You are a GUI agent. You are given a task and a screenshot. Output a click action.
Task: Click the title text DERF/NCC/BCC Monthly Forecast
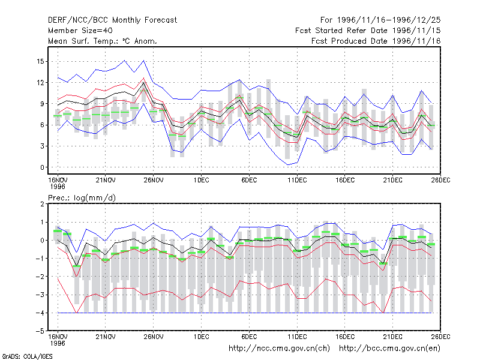coord(112,20)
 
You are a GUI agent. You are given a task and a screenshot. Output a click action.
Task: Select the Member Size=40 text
coord(80,31)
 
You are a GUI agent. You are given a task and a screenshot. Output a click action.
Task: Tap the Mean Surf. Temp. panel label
coord(102,41)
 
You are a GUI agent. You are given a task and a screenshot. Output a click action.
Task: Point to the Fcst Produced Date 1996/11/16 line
coord(376,41)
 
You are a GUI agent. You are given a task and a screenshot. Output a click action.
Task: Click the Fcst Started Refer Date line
coord(368,31)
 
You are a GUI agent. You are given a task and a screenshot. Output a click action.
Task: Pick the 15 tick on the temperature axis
coord(40,62)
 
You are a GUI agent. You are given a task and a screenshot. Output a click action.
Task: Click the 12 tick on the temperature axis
coord(40,83)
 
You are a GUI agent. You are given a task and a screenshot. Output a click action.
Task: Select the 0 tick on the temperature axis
coord(42,167)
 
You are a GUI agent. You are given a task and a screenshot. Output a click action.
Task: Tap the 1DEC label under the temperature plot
coord(201,181)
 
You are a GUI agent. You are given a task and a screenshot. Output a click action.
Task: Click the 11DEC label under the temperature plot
coord(297,181)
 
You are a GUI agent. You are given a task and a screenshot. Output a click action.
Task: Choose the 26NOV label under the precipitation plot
coord(154,337)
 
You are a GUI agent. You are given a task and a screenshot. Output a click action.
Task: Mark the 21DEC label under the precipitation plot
coord(393,337)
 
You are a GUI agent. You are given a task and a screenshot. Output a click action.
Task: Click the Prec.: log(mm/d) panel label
coord(82,198)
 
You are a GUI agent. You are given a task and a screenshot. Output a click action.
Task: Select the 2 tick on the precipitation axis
coord(42,204)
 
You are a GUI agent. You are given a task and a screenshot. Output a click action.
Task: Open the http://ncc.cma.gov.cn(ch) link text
coord(279,349)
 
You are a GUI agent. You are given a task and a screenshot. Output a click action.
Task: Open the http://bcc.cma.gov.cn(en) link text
coord(389,349)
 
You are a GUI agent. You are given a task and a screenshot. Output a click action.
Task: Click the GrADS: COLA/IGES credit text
coord(27,356)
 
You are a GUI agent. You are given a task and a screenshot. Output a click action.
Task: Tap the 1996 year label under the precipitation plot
coord(58,343)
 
